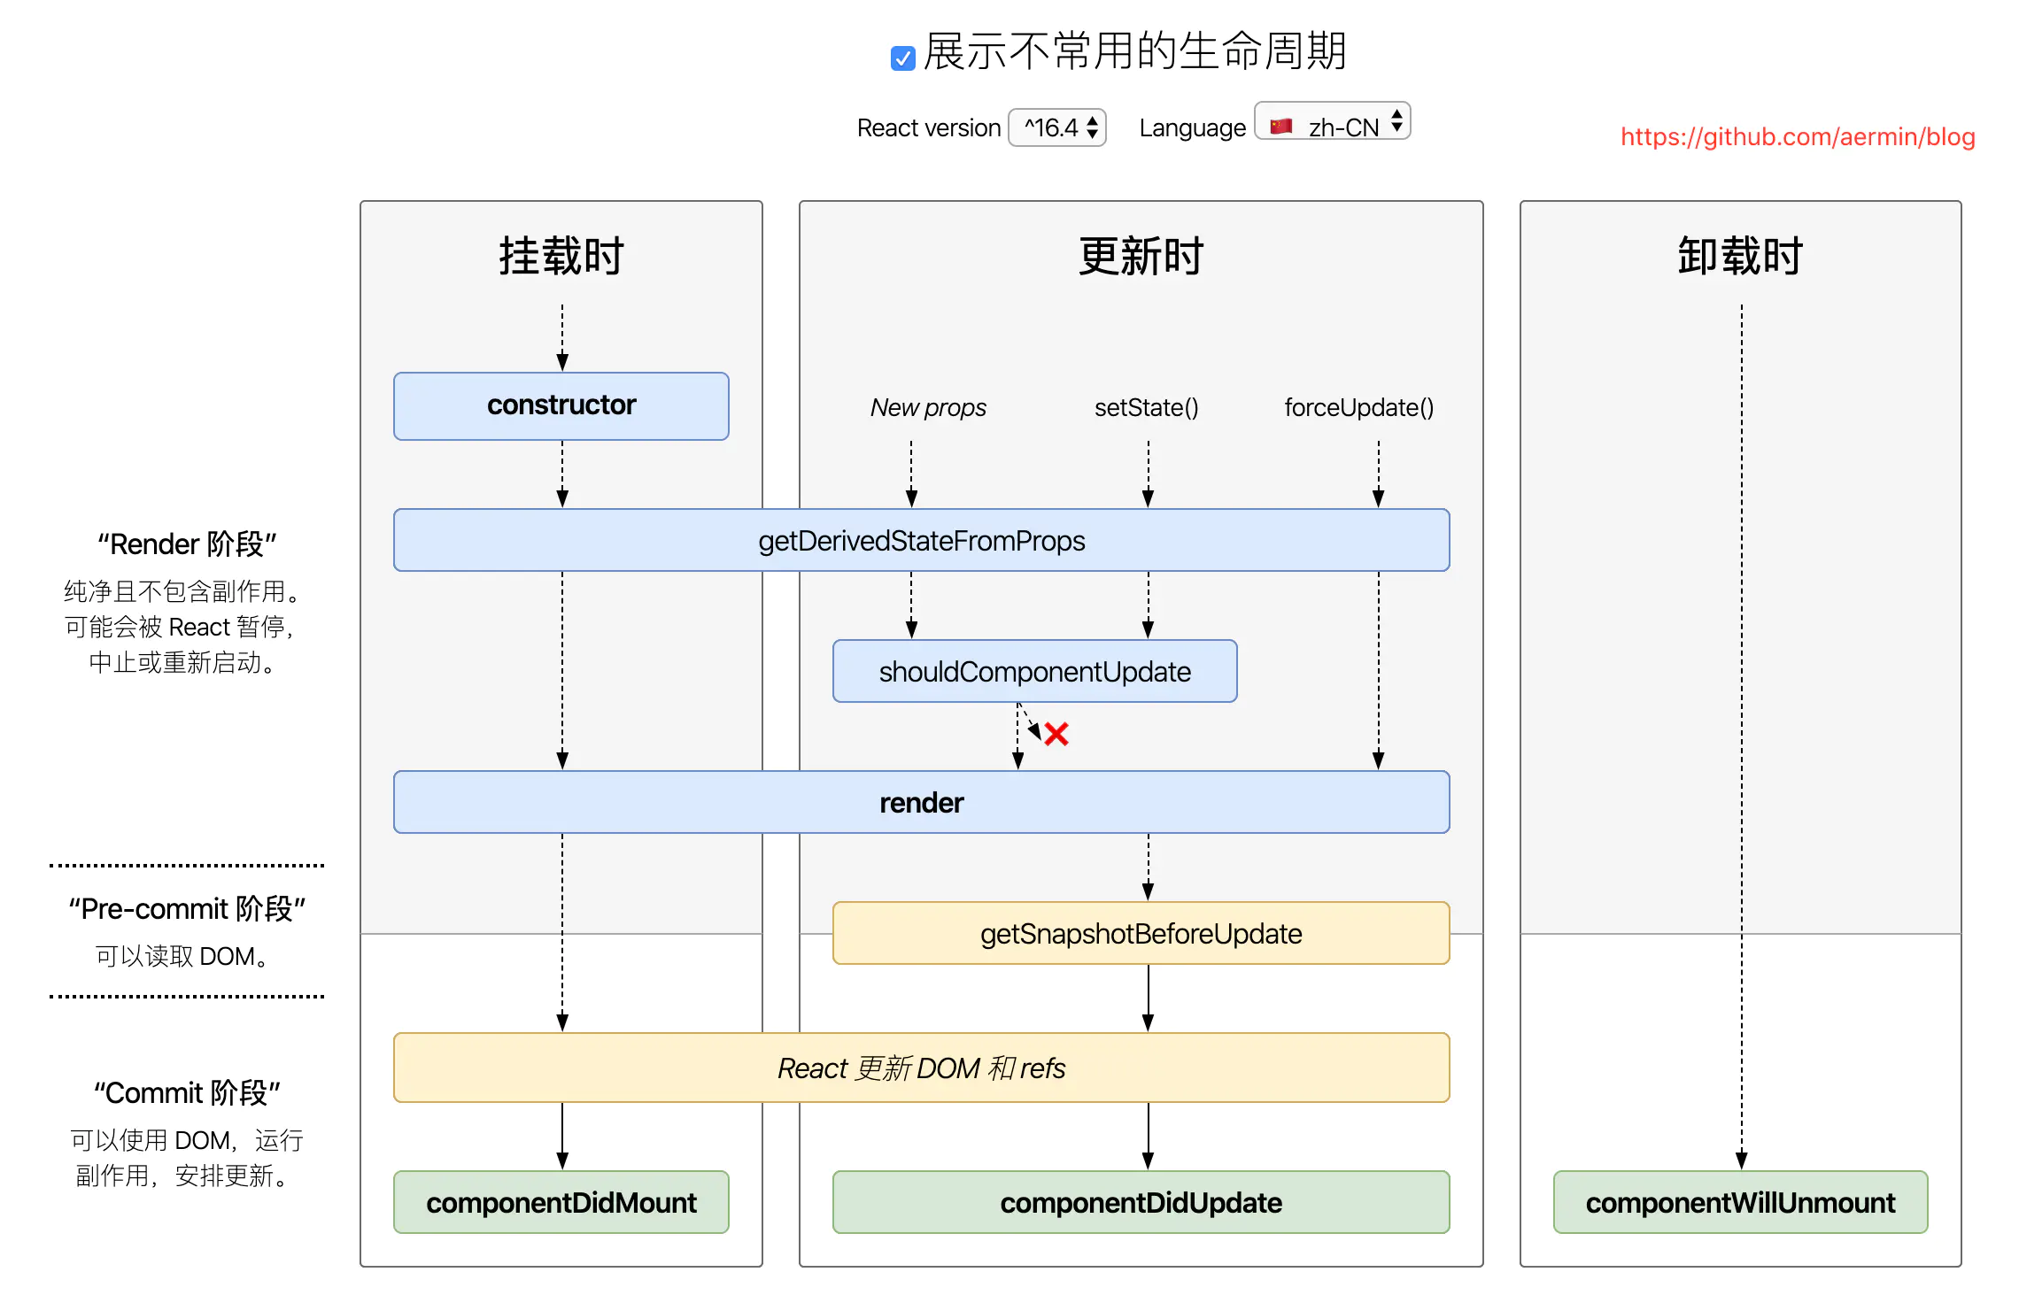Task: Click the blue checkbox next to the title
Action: pyautogui.click(x=902, y=58)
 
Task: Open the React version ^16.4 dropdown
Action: pyautogui.click(x=1057, y=127)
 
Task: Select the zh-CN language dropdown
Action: pyautogui.click(x=1332, y=126)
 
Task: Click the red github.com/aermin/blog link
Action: pyautogui.click(x=1797, y=137)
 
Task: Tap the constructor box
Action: pyautogui.click(x=561, y=405)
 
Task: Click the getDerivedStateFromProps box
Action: pyautogui.click(x=921, y=540)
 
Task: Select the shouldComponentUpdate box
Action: pyautogui.click(x=1034, y=671)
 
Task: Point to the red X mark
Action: pyautogui.click(x=1056, y=734)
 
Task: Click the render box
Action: pyautogui.click(x=921, y=802)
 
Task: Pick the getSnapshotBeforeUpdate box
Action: pyautogui.click(x=1141, y=933)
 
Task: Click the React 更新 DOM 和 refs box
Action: pyautogui.click(x=921, y=1068)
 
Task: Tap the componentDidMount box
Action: pyautogui.click(x=561, y=1202)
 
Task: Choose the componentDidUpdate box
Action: pyautogui.click(x=1141, y=1202)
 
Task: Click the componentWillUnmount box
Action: pyautogui.click(x=1740, y=1202)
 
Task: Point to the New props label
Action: pyautogui.click(x=927, y=407)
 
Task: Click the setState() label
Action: pyautogui.click(x=1146, y=407)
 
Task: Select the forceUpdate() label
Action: pyautogui.click(x=1358, y=407)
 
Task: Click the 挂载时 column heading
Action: pyautogui.click(x=561, y=257)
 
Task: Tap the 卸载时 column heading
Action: pyautogui.click(x=1740, y=257)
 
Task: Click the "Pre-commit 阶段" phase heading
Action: pyautogui.click(x=187, y=909)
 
